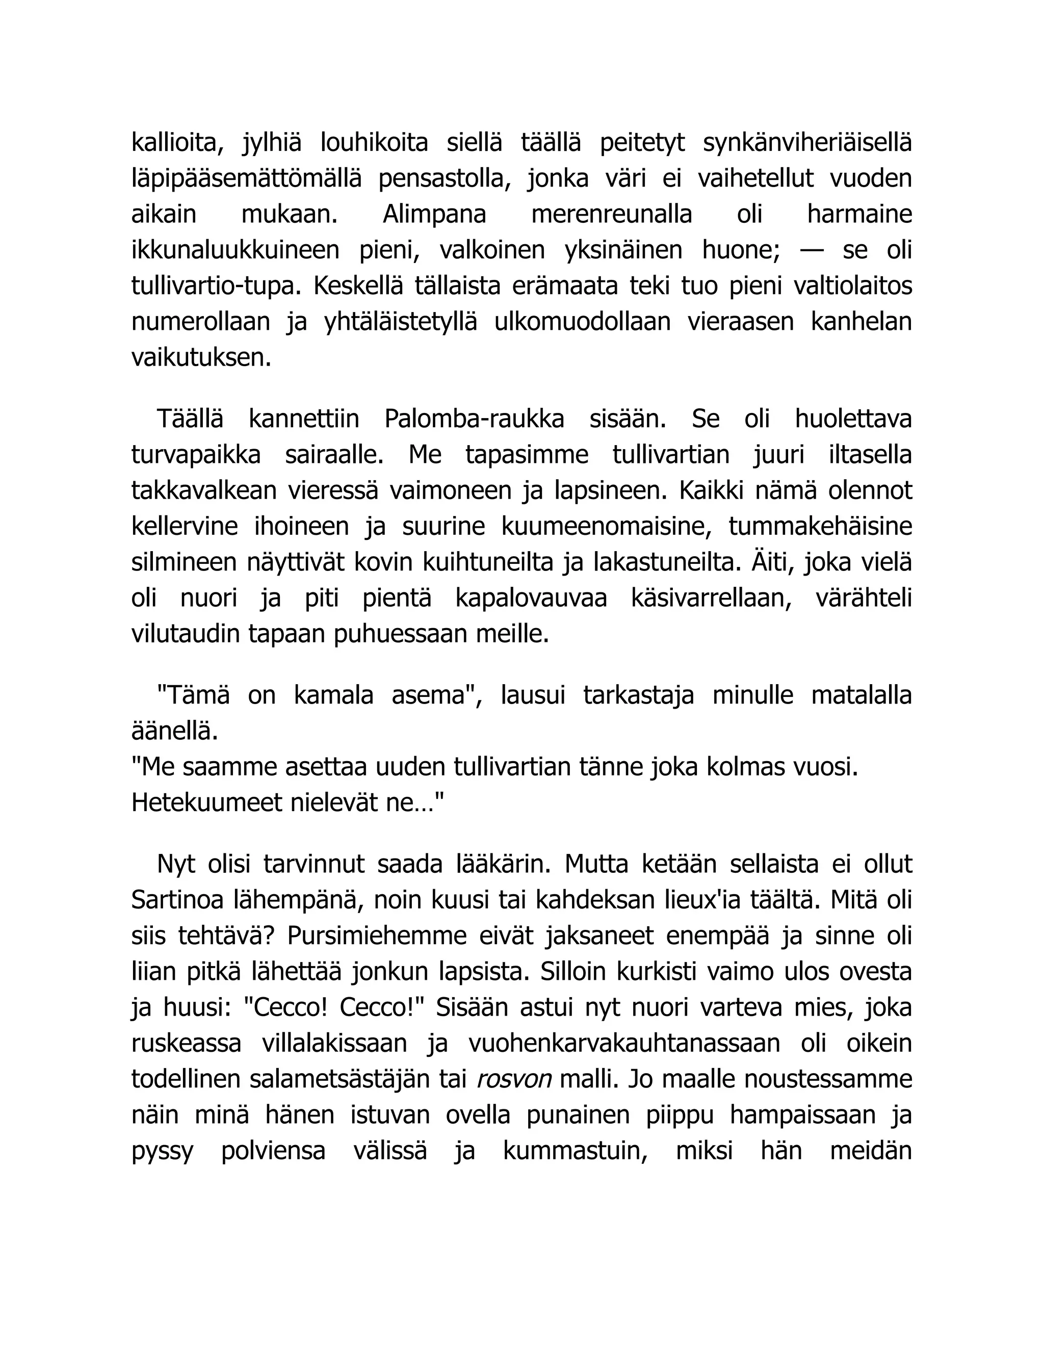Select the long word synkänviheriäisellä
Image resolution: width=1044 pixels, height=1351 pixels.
pos(807,143)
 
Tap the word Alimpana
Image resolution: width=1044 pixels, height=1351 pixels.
pos(434,215)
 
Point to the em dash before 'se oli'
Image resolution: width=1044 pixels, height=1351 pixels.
pos(811,250)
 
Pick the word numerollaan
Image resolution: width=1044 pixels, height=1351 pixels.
pos(201,322)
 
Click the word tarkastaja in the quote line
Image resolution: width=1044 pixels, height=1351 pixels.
pos(638,695)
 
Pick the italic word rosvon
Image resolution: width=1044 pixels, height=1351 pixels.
pos(514,1079)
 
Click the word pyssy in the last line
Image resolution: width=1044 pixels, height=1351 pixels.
pos(162,1151)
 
